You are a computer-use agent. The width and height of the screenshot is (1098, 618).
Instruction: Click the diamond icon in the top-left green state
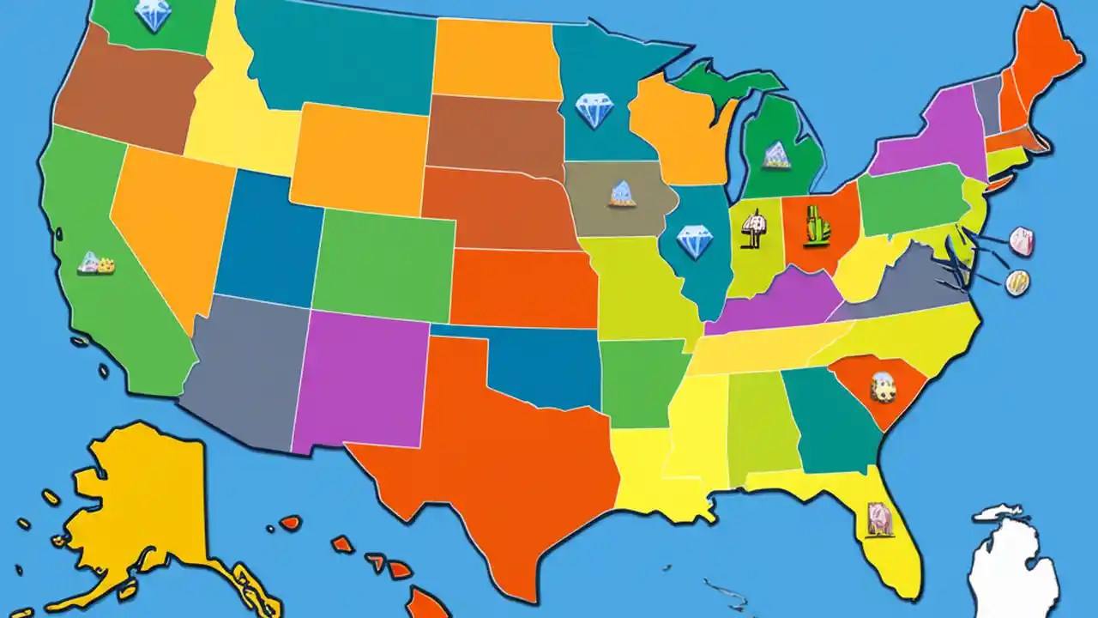(154, 15)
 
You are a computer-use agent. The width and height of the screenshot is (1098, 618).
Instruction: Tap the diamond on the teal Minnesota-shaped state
(594, 111)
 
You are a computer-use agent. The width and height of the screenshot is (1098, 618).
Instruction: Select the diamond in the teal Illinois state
(694, 241)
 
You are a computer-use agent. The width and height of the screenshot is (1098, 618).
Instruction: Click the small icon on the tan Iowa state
(621, 194)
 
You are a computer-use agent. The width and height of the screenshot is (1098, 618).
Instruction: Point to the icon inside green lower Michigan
(776, 154)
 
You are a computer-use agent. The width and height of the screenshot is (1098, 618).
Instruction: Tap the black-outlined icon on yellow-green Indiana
(753, 229)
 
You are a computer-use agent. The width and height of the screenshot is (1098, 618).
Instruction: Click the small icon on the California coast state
(96, 263)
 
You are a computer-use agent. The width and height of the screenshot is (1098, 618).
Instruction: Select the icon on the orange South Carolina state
(882, 387)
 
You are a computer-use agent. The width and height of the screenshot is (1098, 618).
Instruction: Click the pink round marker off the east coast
(1021, 241)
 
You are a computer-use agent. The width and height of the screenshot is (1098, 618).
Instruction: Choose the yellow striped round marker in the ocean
(1017, 282)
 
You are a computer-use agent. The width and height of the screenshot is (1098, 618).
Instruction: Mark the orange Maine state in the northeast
(1047, 60)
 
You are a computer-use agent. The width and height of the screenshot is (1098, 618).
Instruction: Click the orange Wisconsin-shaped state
(678, 124)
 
